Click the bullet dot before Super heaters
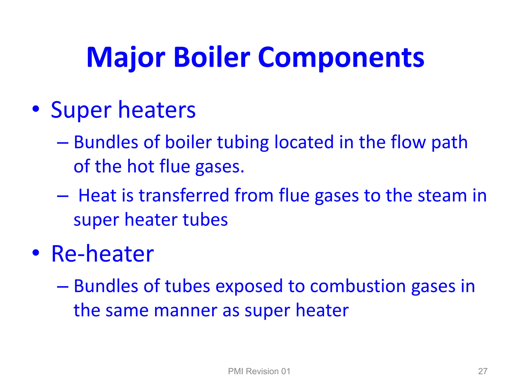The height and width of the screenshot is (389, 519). (x=36, y=109)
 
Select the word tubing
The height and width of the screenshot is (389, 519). (x=243, y=142)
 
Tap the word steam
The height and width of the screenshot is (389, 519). (x=442, y=196)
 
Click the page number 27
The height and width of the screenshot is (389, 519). (x=483, y=371)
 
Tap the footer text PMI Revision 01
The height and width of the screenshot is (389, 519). (x=259, y=371)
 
